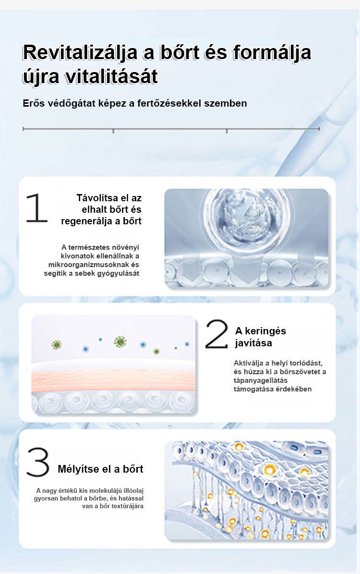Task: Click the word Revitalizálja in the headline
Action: click(79, 52)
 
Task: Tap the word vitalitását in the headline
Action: click(111, 76)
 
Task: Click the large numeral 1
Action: click(36, 208)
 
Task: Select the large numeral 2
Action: click(216, 334)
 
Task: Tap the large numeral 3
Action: click(38, 462)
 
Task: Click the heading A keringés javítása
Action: click(261, 337)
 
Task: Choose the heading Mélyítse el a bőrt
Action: click(100, 469)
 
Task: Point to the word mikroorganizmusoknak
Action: click(89, 264)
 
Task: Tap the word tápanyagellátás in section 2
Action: click(261, 381)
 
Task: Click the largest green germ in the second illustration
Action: click(120, 342)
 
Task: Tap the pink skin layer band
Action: click(113, 381)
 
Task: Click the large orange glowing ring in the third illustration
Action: click(270, 469)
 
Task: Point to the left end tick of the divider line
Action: click(23, 129)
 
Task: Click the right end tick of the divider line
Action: click(319, 129)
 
